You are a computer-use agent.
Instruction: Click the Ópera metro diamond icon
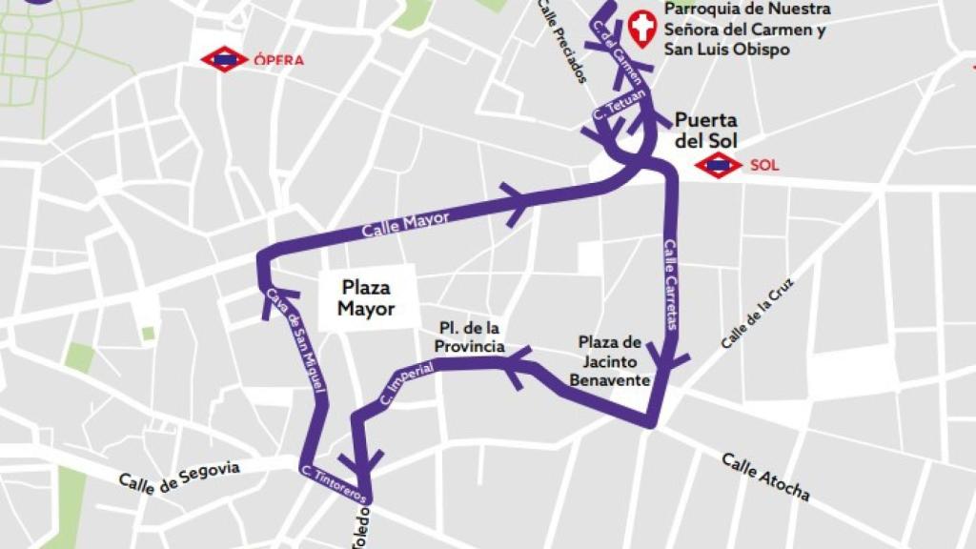click(224, 59)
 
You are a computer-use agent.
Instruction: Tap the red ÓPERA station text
click(279, 60)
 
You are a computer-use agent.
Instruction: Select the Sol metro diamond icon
click(718, 166)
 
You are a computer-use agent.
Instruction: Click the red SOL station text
click(764, 166)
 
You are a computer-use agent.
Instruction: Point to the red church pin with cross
click(644, 29)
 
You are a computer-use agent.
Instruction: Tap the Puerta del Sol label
click(705, 131)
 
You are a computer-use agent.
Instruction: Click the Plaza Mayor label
click(366, 297)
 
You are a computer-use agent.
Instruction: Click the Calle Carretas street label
click(671, 283)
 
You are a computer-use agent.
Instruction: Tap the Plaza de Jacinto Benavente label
click(610, 360)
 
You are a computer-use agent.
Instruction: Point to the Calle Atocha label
click(765, 477)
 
